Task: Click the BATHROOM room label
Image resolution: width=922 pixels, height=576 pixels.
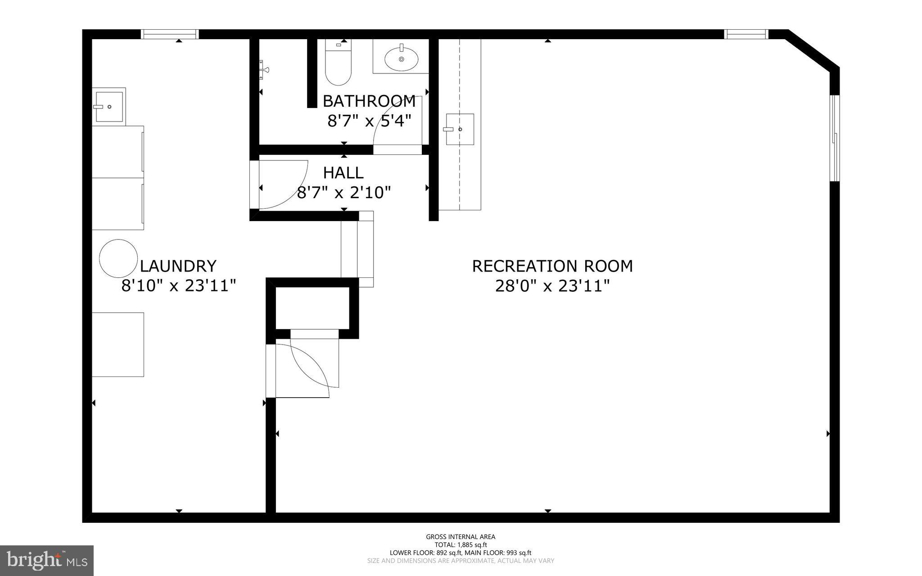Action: tap(369, 101)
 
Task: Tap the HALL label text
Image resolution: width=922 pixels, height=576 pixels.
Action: tap(343, 173)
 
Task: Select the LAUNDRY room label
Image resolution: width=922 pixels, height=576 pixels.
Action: tap(178, 266)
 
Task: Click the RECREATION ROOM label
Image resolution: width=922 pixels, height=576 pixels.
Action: tap(552, 266)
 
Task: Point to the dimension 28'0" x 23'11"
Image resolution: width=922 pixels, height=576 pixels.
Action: tap(552, 286)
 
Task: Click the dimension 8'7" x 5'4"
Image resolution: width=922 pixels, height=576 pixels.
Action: tap(369, 121)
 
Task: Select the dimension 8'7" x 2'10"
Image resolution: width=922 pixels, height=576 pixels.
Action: tap(343, 193)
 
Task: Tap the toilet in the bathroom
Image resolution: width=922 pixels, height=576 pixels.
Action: tap(338, 65)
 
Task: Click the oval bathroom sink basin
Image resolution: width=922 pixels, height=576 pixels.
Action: tap(401, 59)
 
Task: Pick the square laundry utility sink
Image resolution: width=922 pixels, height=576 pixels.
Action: tap(108, 107)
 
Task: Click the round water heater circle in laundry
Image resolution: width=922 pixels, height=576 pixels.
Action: tap(118, 258)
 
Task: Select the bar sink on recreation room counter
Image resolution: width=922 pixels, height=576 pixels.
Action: tap(460, 129)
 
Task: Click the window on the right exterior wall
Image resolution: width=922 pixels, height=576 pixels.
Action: tap(834, 138)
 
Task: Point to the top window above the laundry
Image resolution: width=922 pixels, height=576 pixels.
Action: tap(170, 34)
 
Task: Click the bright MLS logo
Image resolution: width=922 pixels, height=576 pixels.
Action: tap(47, 560)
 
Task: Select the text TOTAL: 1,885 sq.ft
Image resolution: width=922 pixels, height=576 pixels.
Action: tap(461, 544)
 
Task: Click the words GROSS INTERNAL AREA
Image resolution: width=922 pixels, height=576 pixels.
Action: tap(461, 536)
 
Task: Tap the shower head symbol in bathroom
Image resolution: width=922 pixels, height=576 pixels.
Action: tap(263, 70)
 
